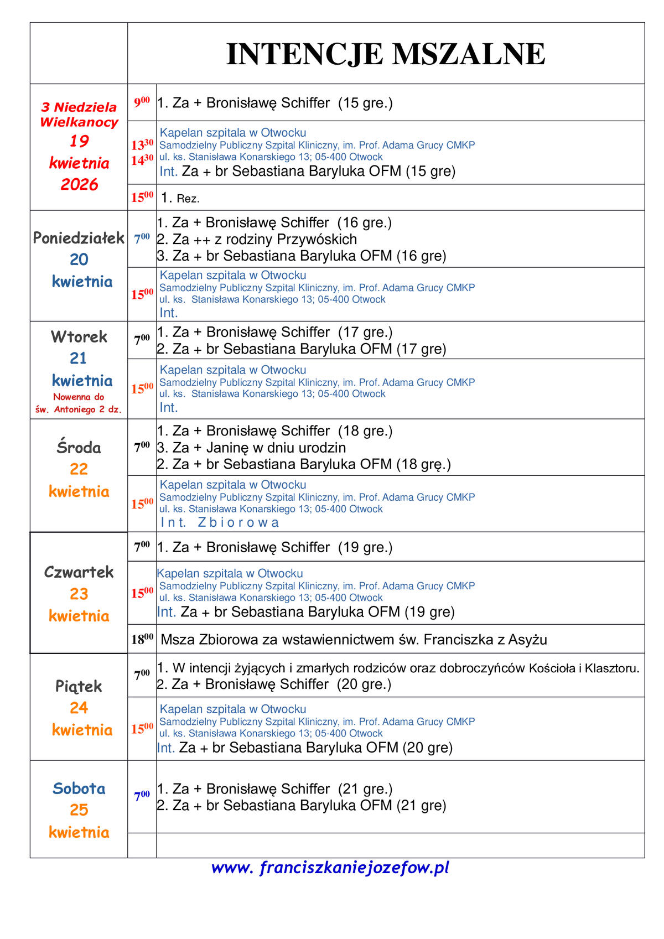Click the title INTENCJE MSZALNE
386,54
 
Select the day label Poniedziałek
79,238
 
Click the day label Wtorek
79,336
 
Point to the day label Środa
79,447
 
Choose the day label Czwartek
79,572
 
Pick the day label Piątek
79,687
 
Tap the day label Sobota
79,788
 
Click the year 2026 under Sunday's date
79,184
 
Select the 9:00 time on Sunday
142,102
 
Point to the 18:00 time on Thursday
142,640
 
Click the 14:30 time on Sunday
142,160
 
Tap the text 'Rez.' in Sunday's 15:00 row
188,199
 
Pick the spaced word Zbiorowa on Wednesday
238,522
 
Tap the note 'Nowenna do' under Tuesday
79,397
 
